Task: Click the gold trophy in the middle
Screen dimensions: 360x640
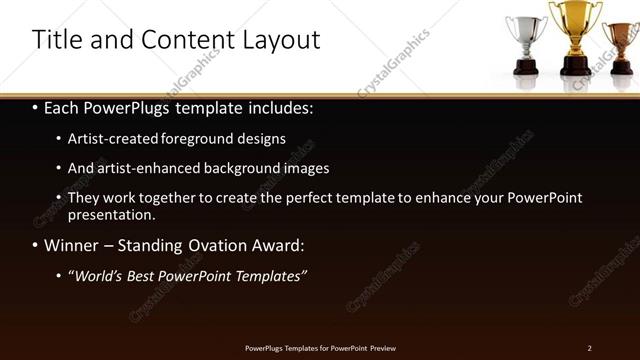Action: point(575,35)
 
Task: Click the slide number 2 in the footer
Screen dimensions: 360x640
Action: point(590,347)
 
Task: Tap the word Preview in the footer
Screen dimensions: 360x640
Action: point(380,347)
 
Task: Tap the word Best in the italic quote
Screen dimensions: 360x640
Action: point(145,275)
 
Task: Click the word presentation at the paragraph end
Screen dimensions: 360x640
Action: point(110,214)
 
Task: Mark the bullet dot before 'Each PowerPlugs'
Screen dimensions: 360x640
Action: point(36,106)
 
